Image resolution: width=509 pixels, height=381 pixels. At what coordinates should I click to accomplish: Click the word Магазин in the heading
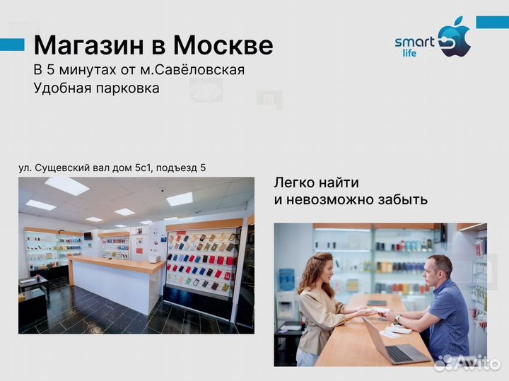tap(88, 46)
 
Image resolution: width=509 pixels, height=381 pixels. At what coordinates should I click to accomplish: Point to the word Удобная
tap(61, 88)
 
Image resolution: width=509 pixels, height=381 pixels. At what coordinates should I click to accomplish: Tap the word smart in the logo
tap(414, 42)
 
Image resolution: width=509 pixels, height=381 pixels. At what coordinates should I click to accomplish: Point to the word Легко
tap(293, 182)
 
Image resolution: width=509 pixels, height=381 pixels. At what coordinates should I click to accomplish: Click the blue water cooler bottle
tap(286, 280)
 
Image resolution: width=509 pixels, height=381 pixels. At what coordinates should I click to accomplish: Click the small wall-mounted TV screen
tap(88, 235)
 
